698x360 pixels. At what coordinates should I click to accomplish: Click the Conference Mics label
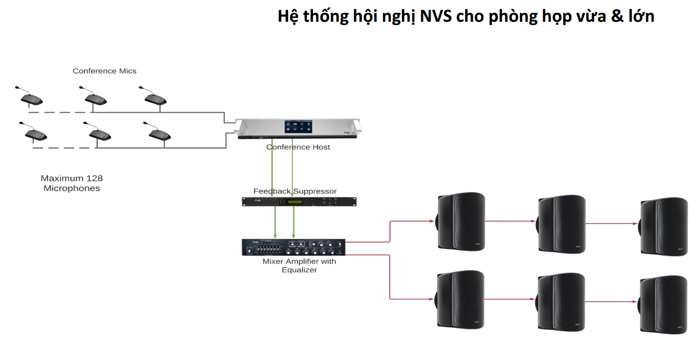point(104,71)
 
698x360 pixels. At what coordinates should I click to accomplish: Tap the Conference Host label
point(298,147)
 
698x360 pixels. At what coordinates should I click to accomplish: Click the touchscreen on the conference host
point(298,127)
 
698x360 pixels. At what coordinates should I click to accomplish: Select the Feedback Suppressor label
point(295,191)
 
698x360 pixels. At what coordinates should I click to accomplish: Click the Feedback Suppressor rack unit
point(299,202)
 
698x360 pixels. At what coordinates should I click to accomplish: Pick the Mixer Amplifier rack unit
point(293,247)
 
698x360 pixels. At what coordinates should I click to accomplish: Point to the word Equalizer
point(299,270)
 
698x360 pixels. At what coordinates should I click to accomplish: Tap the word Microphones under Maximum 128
point(72,188)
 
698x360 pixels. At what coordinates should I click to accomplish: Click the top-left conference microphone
point(30,97)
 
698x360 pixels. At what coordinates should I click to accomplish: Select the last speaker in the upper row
point(663,226)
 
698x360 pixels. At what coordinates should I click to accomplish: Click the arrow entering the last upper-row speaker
point(613,224)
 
